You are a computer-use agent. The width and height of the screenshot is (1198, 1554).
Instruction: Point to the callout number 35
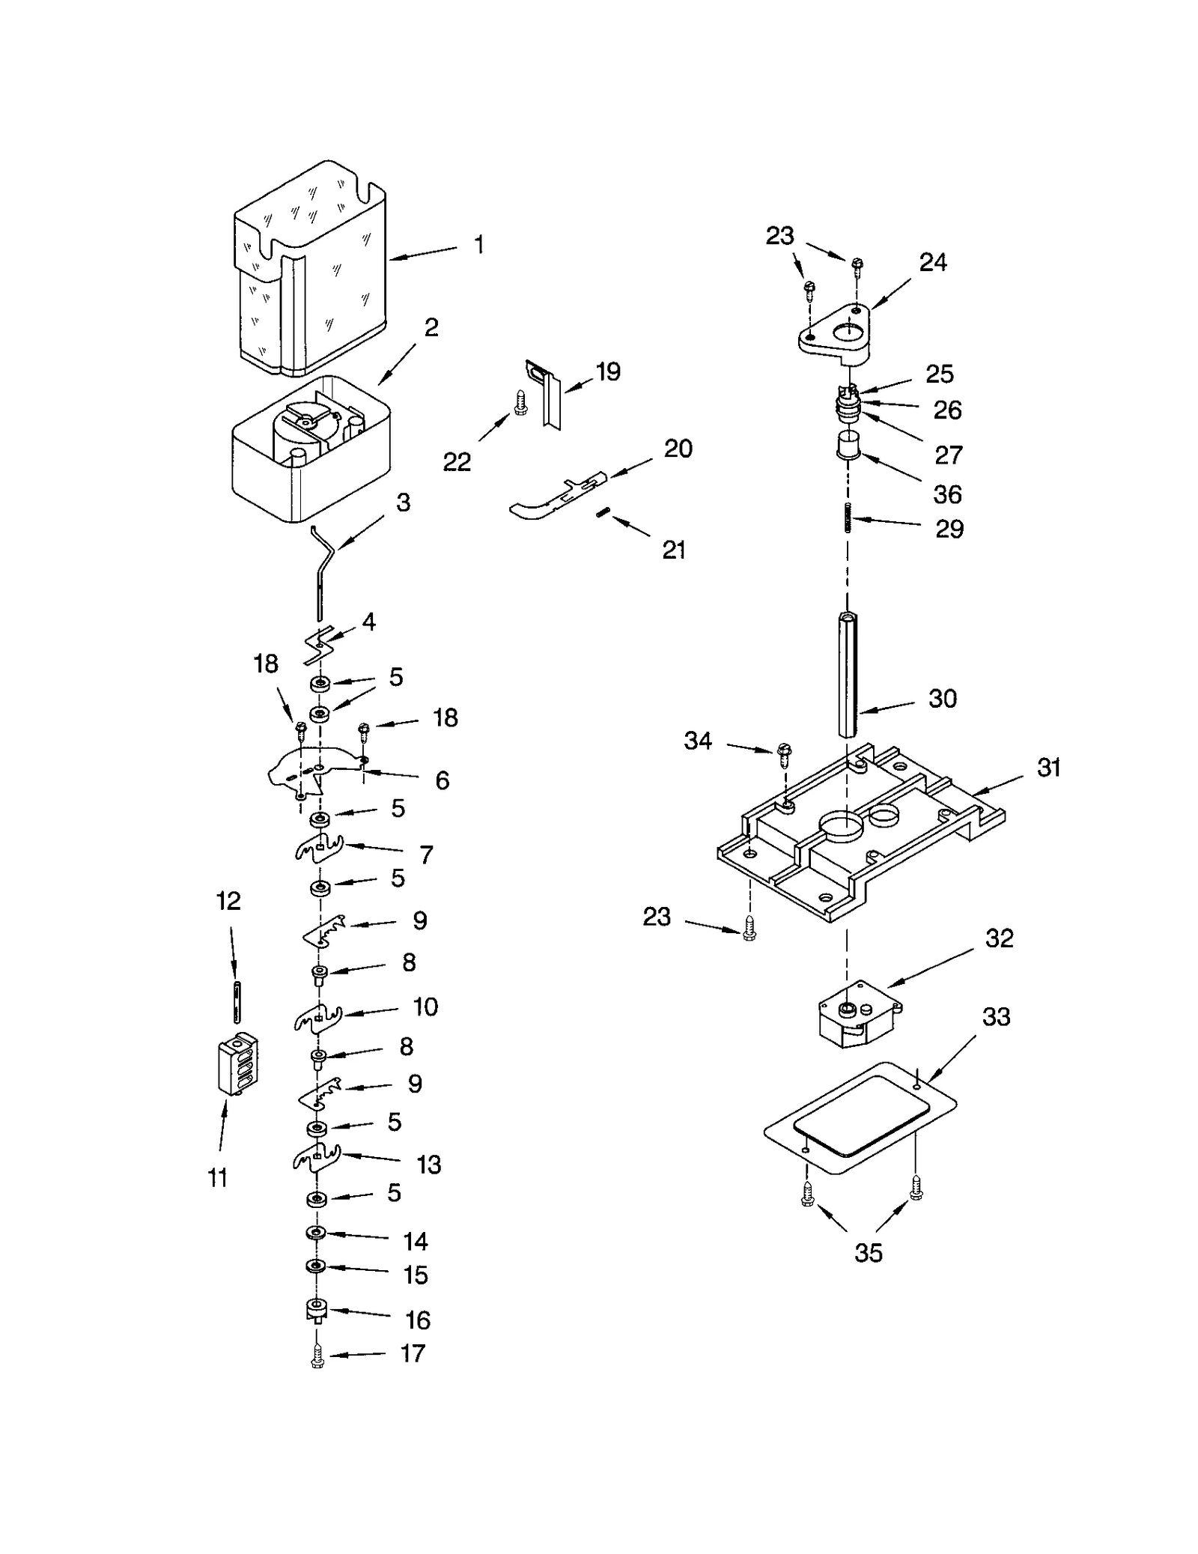tap(868, 1252)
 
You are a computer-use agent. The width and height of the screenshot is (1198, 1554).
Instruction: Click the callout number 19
tap(608, 371)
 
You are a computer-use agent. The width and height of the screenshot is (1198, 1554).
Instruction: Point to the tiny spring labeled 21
tap(605, 512)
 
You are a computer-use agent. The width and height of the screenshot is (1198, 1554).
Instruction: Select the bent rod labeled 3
tap(323, 567)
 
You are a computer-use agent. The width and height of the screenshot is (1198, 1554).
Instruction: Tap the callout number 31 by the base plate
tap(1048, 767)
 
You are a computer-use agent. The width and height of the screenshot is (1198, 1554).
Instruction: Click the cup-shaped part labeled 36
tap(848, 445)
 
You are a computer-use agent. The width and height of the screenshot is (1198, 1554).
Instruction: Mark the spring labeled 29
tap(848, 517)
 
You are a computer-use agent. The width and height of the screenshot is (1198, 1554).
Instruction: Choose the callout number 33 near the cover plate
tap(995, 1016)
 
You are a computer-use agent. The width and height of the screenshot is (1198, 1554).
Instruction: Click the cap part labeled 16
tap(317, 1311)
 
